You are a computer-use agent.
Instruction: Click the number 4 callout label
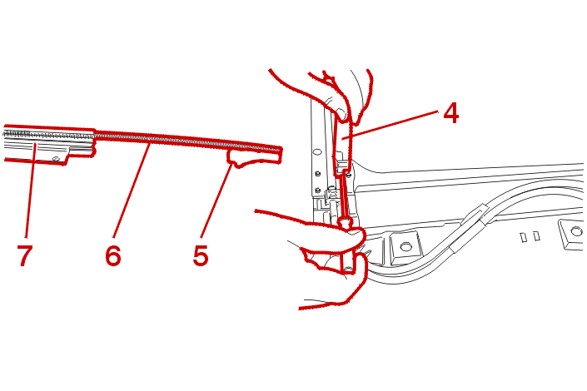(450, 113)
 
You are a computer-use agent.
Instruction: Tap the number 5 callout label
(201, 255)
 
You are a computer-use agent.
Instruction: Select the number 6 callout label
(113, 255)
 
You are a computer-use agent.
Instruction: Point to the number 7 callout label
(25, 255)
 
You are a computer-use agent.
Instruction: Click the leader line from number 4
(391, 125)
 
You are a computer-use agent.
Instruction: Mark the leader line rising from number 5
(217, 201)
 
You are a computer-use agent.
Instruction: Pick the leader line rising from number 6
(131, 188)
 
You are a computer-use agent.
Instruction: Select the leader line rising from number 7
(30, 191)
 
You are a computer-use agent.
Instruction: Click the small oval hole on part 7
(56, 159)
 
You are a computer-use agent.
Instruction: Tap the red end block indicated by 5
(255, 157)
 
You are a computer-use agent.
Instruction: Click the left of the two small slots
(524, 237)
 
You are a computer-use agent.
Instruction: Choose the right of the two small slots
(536, 235)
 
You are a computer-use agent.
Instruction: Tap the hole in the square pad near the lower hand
(405, 247)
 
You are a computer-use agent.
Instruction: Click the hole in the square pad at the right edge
(577, 232)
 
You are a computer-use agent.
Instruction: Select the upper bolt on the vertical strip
(318, 174)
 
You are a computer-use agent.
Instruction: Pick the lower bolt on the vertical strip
(318, 190)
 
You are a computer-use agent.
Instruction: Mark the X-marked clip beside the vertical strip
(331, 194)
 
